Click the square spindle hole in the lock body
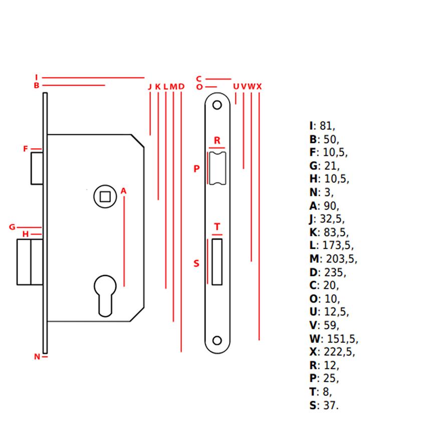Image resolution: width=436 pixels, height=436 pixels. coord(105,197)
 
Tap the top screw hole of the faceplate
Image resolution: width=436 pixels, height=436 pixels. coord(217,105)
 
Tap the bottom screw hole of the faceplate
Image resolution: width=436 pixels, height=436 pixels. coord(217,340)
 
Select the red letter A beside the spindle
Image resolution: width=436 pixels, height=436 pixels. coord(123,191)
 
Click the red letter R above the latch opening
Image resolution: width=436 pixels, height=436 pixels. coord(217,140)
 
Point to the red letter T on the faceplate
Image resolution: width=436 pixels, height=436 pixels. coord(217,227)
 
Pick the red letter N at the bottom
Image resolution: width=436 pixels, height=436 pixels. coord(37,356)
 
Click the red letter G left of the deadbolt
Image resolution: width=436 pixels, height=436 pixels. coord(12,227)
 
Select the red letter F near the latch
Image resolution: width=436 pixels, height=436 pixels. coord(26,149)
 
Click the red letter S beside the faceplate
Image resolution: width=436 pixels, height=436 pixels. coord(196,263)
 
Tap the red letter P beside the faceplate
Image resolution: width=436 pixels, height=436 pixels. coord(196,169)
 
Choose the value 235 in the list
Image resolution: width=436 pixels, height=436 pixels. coord(335,273)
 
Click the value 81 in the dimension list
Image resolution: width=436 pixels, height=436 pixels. coord(327,126)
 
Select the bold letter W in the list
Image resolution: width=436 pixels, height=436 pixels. coord(315,339)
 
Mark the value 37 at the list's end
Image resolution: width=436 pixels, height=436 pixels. coord(331,405)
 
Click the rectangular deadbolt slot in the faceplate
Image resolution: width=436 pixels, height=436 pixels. coord(217,262)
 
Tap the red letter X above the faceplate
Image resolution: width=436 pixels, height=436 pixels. coord(259,87)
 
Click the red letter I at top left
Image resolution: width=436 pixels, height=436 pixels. coord(37,77)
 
